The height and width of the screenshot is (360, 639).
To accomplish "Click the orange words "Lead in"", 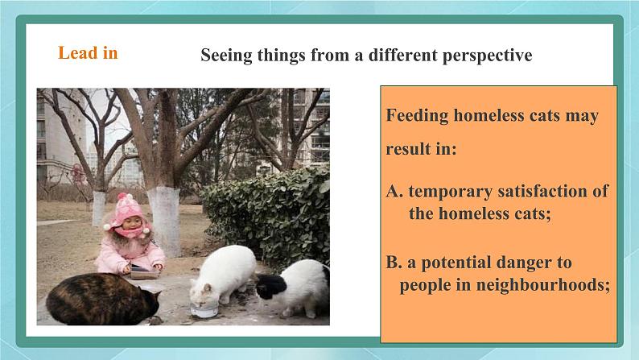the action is coord(88,53).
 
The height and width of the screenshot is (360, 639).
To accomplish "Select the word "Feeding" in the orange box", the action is coord(417,116).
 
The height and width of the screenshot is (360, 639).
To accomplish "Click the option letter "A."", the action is coord(394,191).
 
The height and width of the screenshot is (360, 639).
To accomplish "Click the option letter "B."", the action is coord(394,263).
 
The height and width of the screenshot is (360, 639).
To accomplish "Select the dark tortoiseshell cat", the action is coord(103,300).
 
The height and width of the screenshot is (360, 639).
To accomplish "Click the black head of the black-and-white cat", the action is coord(271,285).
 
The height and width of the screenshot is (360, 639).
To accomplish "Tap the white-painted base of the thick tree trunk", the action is coord(164,220).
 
